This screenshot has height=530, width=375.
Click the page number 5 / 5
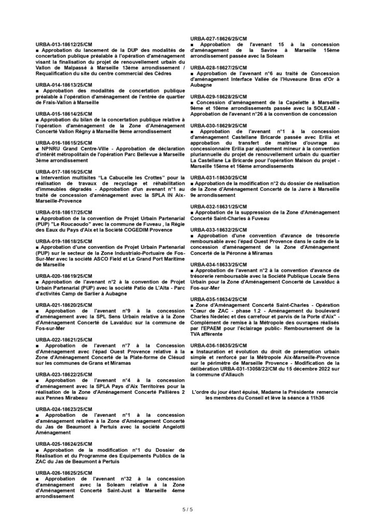[187, 509]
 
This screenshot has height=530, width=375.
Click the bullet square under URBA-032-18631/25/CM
[192, 212]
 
